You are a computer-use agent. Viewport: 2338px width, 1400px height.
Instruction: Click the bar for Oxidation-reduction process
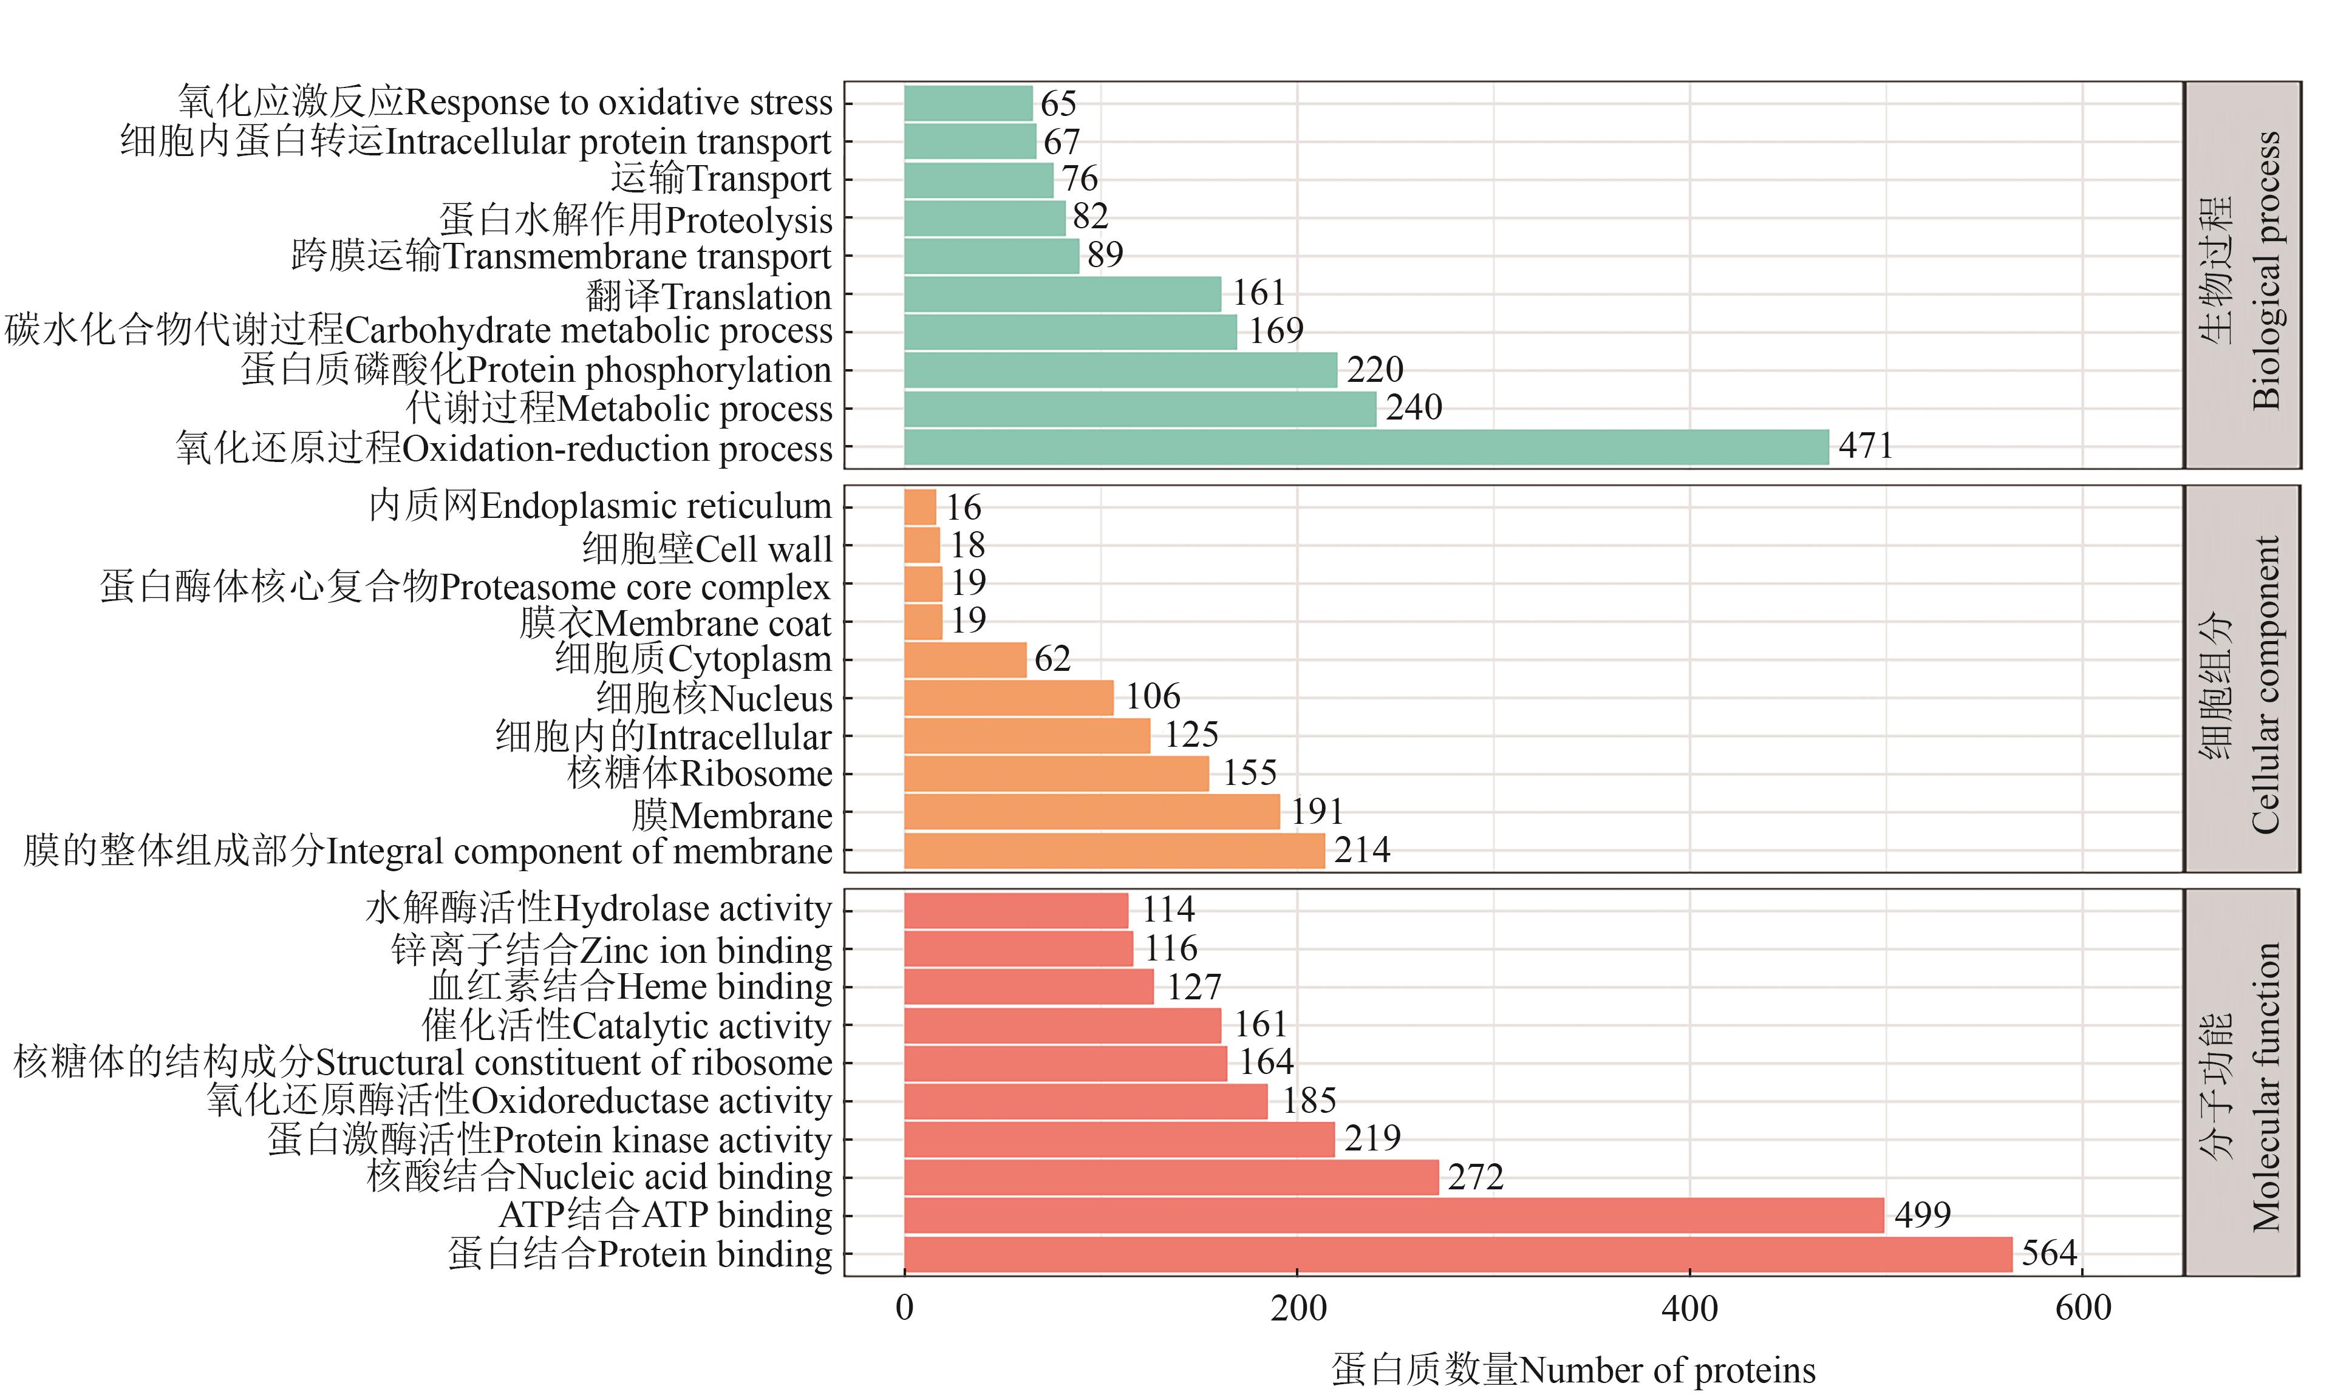pos(1366,447)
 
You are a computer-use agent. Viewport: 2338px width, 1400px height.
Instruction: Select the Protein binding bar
pos(1457,1255)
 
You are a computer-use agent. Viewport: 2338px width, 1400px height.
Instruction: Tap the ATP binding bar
pos(1394,1216)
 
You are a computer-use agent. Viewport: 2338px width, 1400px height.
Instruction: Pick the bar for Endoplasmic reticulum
pos(920,506)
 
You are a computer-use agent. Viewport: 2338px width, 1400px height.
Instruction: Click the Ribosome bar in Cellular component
pos(1056,773)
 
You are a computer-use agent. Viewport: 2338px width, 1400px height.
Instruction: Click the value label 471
pos(1866,445)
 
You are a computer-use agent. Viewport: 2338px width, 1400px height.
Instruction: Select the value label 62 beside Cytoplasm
pos(1052,659)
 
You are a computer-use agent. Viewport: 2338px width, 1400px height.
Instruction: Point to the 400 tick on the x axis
pos(1689,1308)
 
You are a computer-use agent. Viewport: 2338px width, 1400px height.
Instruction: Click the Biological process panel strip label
pos(2242,274)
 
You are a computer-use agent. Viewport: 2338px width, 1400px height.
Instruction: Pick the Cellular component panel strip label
pos(2242,679)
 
